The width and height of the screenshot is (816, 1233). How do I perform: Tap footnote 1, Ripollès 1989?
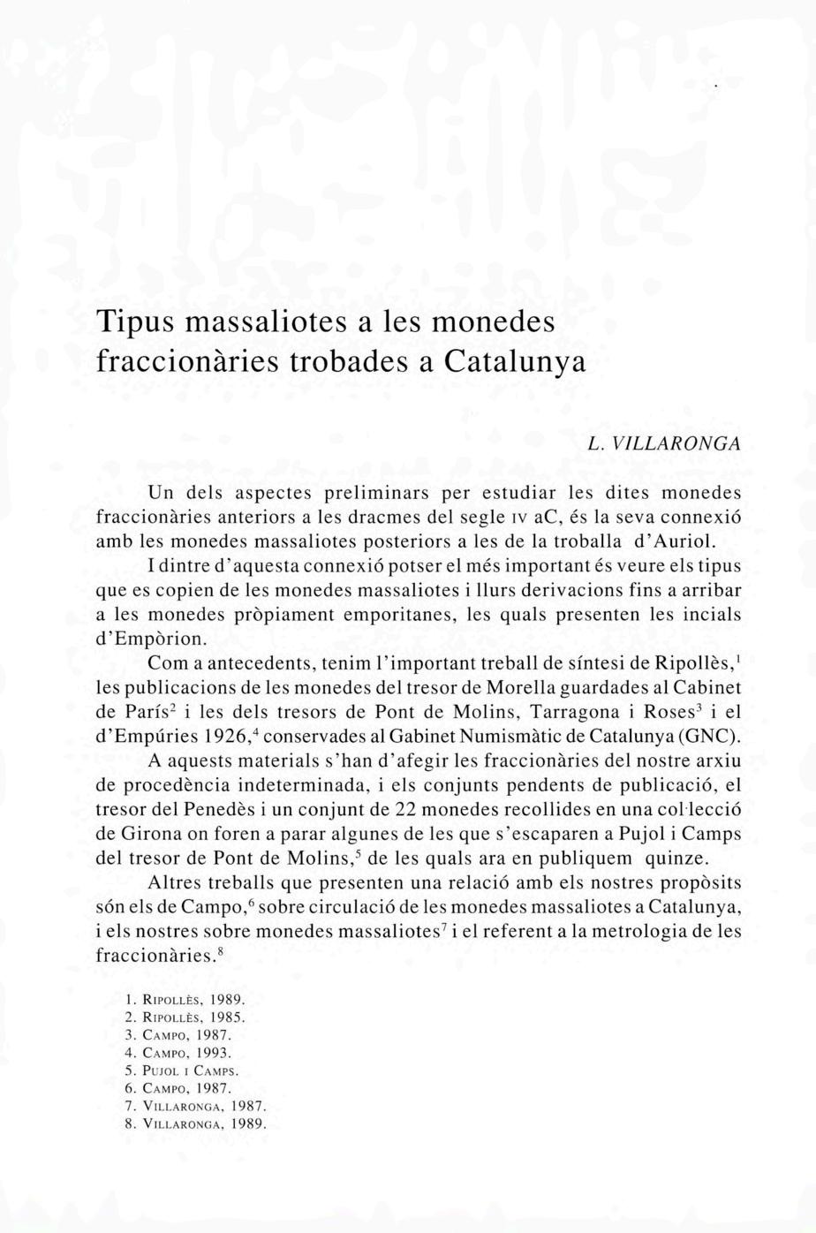click(x=187, y=1000)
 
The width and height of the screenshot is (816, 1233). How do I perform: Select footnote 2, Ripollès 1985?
click(x=187, y=1017)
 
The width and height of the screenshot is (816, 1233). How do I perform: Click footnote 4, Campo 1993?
click(x=180, y=1053)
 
